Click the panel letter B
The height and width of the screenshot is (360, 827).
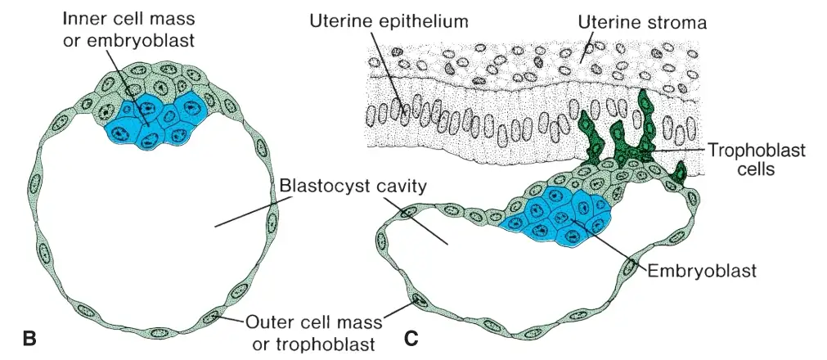point(30,338)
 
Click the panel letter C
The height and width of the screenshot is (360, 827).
point(411,338)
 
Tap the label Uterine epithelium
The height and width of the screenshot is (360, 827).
point(389,22)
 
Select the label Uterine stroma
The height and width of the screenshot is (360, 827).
point(642,23)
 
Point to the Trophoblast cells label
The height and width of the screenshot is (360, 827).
point(756,160)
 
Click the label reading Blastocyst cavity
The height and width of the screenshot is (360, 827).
point(353,187)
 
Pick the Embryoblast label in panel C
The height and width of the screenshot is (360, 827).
point(702,271)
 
